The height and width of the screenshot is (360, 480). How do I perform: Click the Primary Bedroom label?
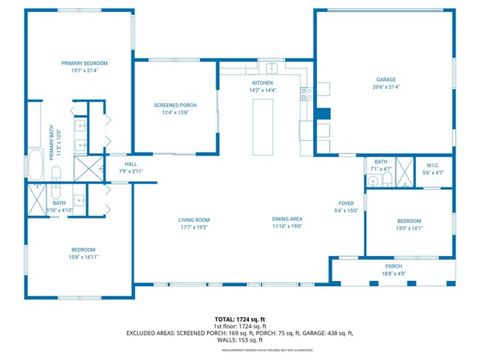(x=84, y=63)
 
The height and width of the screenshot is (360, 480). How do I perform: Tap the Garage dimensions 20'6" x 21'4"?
(x=386, y=86)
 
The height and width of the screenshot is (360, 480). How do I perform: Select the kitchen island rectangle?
(x=264, y=127)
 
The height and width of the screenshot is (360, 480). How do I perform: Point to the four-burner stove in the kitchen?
(x=306, y=93)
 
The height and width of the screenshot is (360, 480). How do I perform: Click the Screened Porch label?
(x=174, y=105)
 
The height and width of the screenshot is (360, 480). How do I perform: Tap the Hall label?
(x=131, y=164)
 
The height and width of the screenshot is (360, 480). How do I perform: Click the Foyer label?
(x=346, y=203)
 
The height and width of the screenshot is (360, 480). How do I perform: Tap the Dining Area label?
(x=287, y=220)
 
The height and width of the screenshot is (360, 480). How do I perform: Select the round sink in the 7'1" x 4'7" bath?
(x=374, y=179)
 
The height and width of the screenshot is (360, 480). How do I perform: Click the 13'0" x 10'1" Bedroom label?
(x=409, y=221)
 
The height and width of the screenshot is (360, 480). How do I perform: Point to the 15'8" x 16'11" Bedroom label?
(x=84, y=249)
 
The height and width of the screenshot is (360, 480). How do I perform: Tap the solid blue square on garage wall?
(x=322, y=114)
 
